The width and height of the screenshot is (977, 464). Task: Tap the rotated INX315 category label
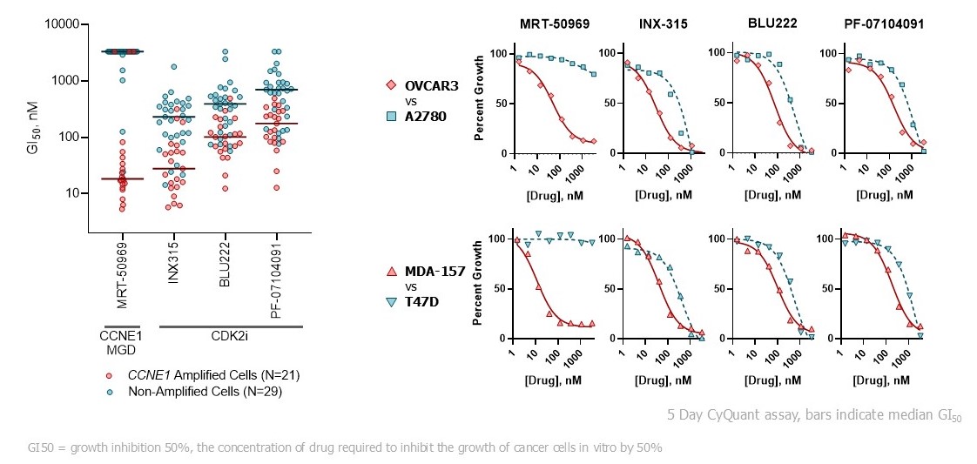174,259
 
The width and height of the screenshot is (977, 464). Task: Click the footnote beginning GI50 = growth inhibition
345,447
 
